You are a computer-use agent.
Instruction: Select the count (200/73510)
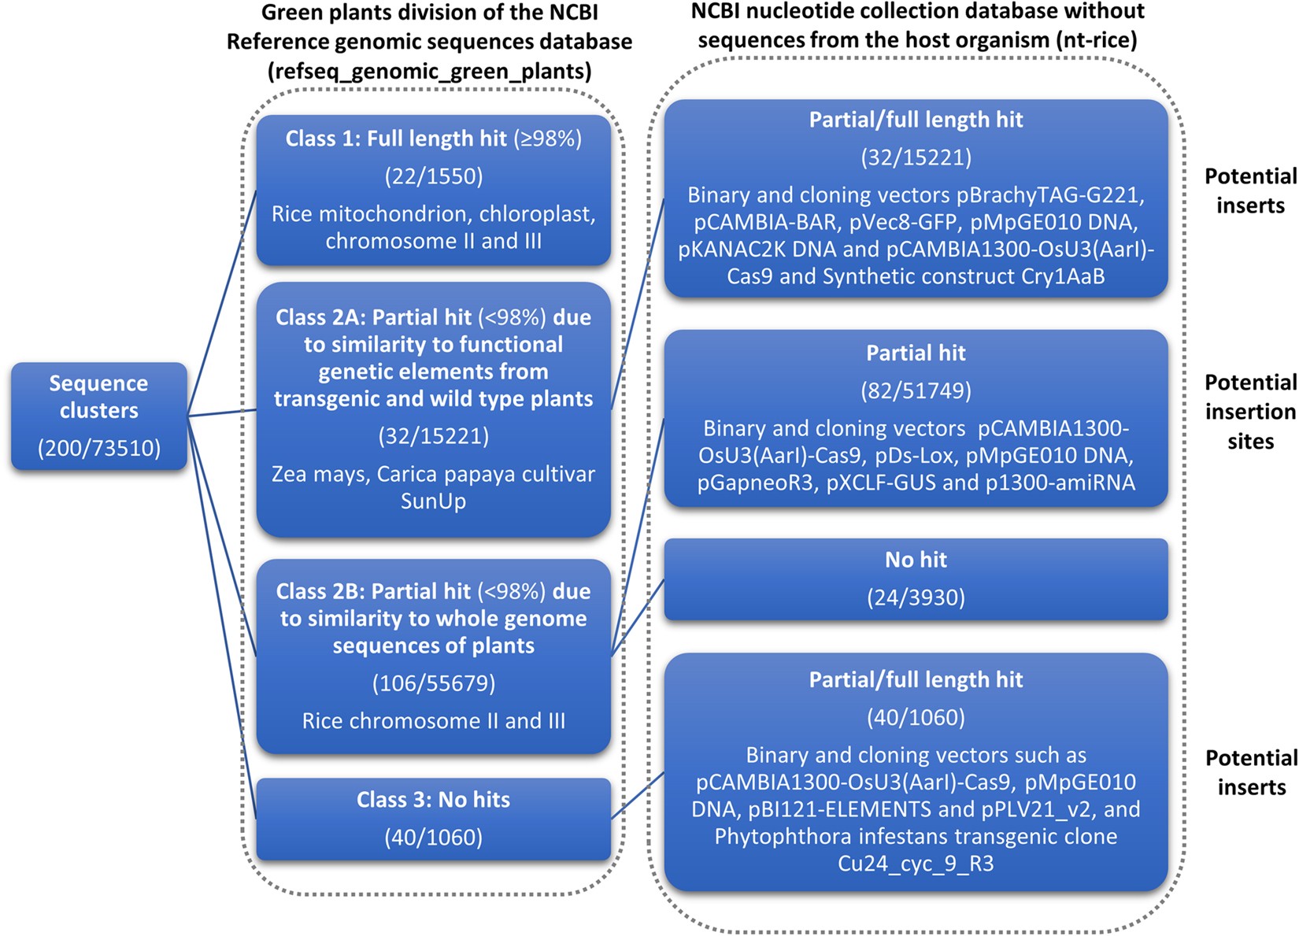coord(99,448)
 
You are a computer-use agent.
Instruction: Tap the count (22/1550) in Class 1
coord(434,176)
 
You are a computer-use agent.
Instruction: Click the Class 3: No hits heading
coord(434,800)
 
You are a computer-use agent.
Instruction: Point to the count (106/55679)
coord(434,683)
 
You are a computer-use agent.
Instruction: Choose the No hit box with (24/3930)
coord(916,579)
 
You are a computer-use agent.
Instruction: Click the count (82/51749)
coord(916,390)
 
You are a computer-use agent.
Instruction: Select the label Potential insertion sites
coord(1250,412)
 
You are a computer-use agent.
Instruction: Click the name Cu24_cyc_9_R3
coord(916,864)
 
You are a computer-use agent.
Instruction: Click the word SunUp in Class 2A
coord(434,501)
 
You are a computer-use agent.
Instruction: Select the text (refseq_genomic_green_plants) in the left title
coord(430,72)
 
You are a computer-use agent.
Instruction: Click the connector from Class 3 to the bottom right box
coord(638,796)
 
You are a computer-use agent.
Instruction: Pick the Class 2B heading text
coord(434,618)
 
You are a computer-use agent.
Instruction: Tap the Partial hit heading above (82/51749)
coord(916,353)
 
